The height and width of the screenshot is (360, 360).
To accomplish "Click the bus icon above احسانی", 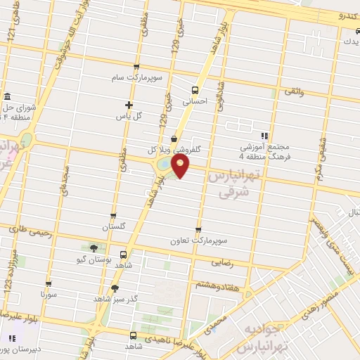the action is point(195,90).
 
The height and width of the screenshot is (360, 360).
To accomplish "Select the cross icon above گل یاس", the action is point(129,105).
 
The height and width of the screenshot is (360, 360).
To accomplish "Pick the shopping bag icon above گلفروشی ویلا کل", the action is point(174,138).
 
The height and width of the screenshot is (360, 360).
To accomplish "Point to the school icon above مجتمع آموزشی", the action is point(264,136).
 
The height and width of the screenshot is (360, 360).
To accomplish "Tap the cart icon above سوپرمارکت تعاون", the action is point(198,229).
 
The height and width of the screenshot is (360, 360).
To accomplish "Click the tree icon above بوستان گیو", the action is point(93,247).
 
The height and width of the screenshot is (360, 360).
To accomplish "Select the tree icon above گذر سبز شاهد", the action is point(115,288).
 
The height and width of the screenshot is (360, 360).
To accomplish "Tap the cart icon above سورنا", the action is point(48,284).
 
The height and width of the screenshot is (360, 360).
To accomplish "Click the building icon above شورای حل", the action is point(7,96).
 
